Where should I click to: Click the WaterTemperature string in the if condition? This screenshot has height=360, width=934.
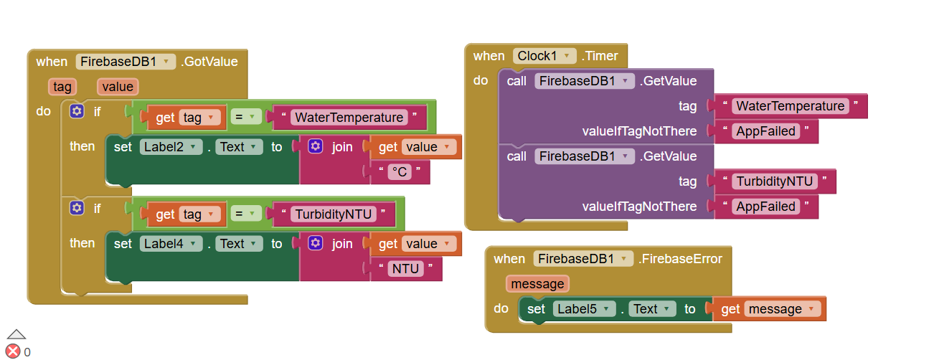point(349,118)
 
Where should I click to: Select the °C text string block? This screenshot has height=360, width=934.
point(398,172)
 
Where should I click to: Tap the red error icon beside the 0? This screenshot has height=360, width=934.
point(13,351)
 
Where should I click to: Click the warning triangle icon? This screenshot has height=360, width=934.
point(16,333)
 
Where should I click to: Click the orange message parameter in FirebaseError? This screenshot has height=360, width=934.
point(537,284)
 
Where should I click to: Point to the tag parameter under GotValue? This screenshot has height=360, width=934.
point(62,87)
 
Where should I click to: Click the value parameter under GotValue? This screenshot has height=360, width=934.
point(118,87)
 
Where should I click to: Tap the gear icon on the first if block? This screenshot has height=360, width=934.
point(77,111)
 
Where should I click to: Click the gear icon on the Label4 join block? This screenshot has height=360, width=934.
point(315,244)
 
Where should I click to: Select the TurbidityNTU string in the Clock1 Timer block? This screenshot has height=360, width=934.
point(774,181)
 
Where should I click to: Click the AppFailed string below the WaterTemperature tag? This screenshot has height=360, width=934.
point(765,131)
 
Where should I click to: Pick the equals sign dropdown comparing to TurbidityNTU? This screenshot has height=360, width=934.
point(246,214)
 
